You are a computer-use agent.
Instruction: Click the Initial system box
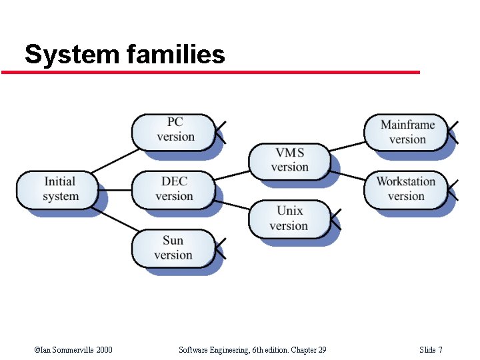click(x=60, y=189)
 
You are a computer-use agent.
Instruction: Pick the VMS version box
click(x=289, y=160)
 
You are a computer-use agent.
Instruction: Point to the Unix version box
click(x=289, y=219)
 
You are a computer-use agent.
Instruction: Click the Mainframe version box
click(x=406, y=132)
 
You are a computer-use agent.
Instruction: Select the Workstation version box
click(x=406, y=189)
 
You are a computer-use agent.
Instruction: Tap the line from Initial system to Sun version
click(x=115, y=220)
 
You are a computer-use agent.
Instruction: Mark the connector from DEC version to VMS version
click(x=232, y=175)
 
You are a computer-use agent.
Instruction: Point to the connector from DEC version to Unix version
click(x=232, y=203)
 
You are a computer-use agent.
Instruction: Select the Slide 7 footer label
click(x=431, y=350)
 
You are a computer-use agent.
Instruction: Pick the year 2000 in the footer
click(x=104, y=350)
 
